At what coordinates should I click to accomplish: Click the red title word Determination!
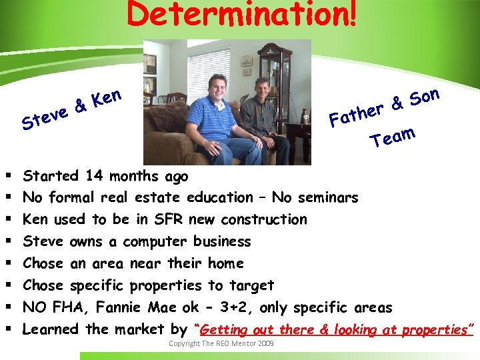pyautogui.click(x=242, y=15)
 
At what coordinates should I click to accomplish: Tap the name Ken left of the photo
pyautogui.click(x=107, y=98)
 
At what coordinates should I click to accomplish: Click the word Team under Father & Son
pyautogui.click(x=393, y=137)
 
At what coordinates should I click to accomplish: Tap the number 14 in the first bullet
pyautogui.click(x=93, y=177)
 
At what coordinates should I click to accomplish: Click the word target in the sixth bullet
pyautogui.click(x=251, y=286)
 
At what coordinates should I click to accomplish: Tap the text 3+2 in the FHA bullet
pyautogui.click(x=261, y=308)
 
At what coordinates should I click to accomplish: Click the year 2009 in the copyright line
pyautogui.click(x=264, y=343)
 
